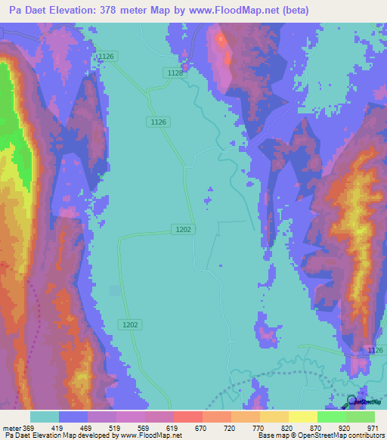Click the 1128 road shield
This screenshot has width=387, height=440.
tap(175, 73)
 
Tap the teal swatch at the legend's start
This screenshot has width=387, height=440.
tap(45, 417)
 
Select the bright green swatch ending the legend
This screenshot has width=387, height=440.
tap(361, 417)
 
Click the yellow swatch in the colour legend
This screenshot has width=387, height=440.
tap(303, 417)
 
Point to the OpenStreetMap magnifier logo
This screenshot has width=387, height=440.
tap(352, 401)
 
